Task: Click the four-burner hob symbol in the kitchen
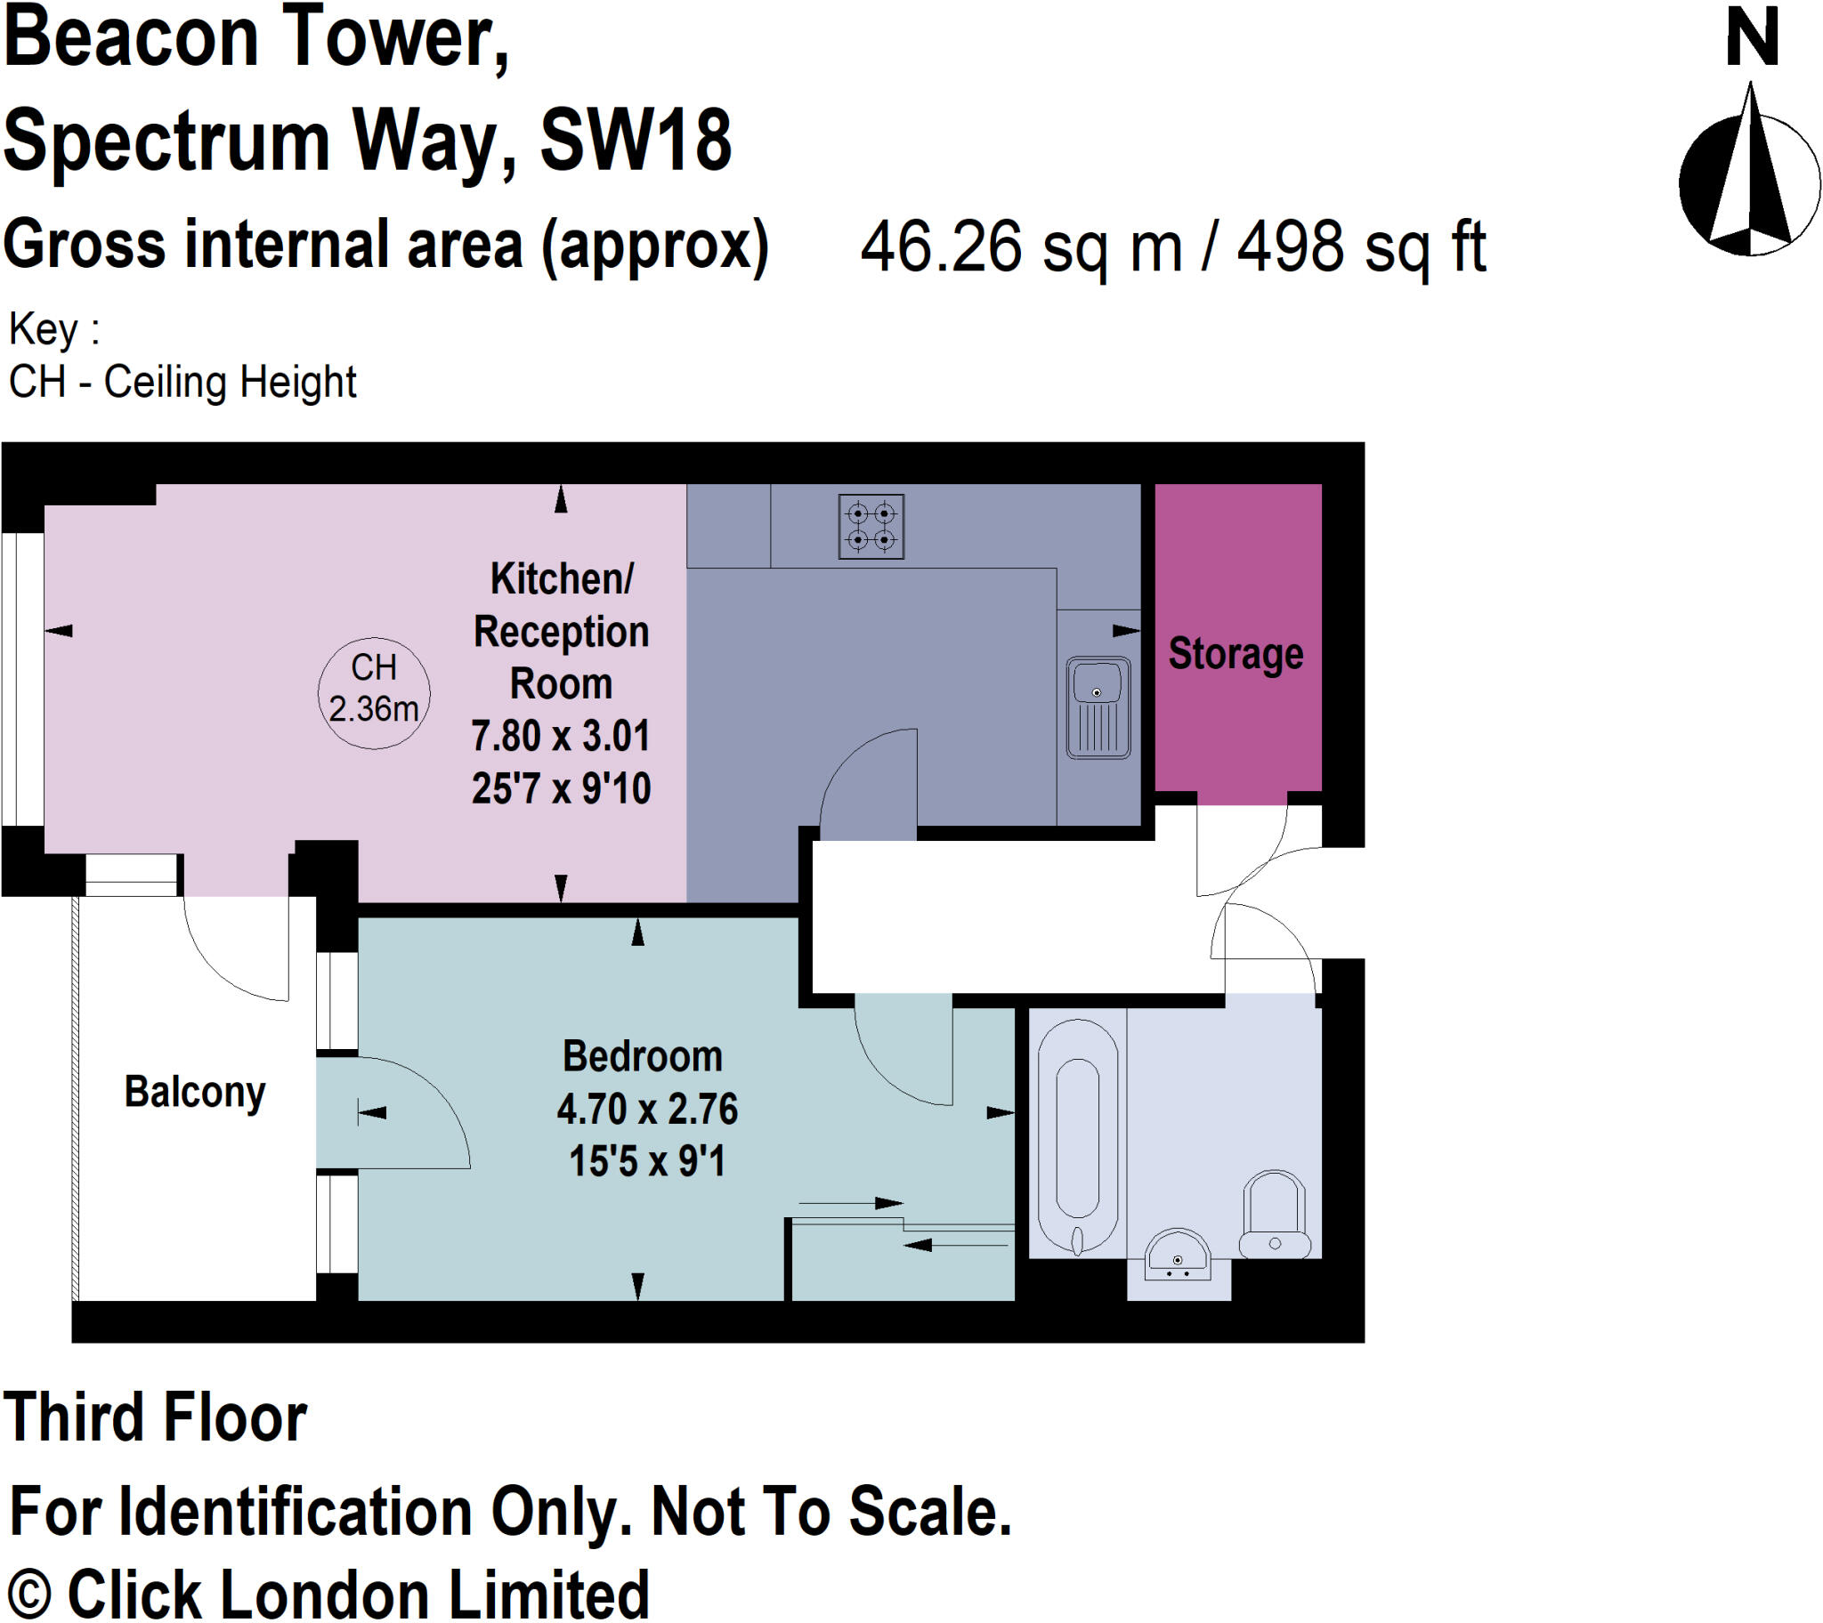(871, 526)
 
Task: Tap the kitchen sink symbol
(1098, 708)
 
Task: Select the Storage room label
(1236, 654)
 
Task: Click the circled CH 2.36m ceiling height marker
(374, 692)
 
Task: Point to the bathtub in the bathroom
(1077, 1138)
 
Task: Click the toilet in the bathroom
(1275, 1214)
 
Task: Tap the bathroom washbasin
(1178, 1256)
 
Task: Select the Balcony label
(194, 1092)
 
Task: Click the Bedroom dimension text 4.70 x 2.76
(646, 1110)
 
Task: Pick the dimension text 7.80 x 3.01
(560, 737)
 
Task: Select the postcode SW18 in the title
(635, 141)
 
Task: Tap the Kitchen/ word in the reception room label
(561, 578)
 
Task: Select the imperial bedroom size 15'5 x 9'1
(646, 1161)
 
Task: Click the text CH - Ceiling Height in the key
(182, 382)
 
